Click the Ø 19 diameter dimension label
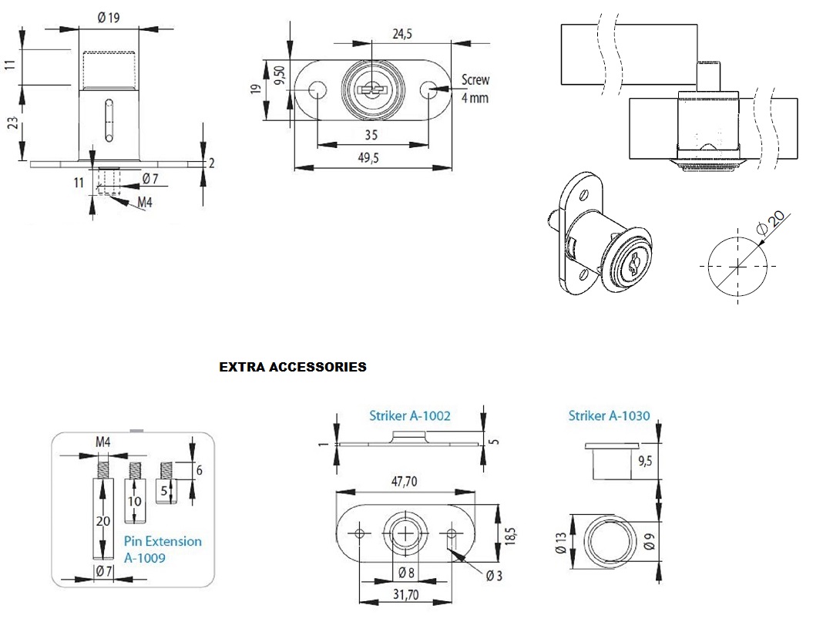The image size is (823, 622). tap(108, 18)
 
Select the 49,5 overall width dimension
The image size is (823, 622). tap(373, 157)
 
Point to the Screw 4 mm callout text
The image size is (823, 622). tap(475, 89)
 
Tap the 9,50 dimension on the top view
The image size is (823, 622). tap(280, 76)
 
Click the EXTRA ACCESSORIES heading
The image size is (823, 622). tap(293, 368)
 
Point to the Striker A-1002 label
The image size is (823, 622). tap(409, 416)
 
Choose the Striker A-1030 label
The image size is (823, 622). tap(609, 416)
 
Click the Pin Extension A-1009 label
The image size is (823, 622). tap(163, 549)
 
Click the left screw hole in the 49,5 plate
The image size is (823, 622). tap(317, 91)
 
